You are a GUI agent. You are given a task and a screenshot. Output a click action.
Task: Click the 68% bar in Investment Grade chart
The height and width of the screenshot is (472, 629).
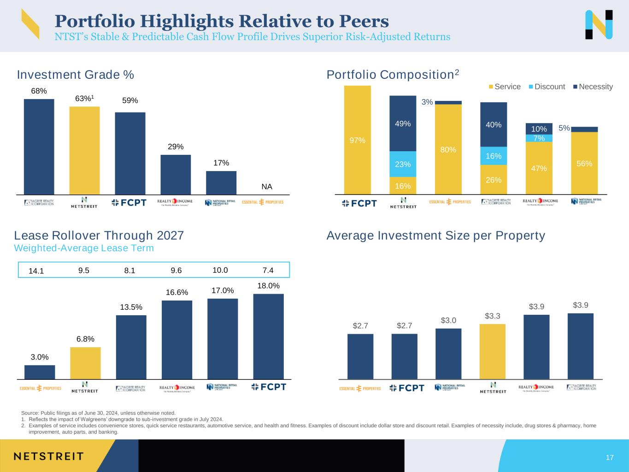point(39,147)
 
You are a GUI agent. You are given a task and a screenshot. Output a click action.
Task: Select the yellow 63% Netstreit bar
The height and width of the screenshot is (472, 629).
point(84,150)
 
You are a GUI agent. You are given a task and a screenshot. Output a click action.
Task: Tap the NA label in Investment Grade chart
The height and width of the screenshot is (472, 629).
point(267,187)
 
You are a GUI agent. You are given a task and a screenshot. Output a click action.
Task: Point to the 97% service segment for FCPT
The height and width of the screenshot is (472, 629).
point(357,140)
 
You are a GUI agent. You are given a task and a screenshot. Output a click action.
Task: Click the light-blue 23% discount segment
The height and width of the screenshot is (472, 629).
point(403,164)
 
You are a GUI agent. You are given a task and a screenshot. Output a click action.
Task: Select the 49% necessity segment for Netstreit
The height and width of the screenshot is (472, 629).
point(403,124)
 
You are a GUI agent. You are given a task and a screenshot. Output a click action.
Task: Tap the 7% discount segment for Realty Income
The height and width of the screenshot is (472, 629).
point(539,138)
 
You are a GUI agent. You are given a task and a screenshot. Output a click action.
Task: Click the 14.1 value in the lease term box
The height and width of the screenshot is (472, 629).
point(36,271)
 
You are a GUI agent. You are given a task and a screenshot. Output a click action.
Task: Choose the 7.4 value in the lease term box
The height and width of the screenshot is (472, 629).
point(268,271)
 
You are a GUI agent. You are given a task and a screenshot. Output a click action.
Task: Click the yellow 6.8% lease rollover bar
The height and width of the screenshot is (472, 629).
point(85,363)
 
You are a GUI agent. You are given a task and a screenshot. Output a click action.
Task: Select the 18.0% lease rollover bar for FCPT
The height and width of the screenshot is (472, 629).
point(268,336)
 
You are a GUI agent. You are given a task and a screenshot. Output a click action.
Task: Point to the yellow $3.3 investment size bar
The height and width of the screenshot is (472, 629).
point(492,351)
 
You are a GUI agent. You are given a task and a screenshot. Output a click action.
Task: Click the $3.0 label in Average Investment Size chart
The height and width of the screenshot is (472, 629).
point(448,320)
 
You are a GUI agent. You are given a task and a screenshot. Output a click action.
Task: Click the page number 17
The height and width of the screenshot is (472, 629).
point(610,457)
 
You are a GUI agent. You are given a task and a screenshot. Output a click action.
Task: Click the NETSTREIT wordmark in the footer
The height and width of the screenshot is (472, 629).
point(48,456)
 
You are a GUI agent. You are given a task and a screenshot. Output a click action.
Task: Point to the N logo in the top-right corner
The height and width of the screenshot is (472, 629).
point(599,24)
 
